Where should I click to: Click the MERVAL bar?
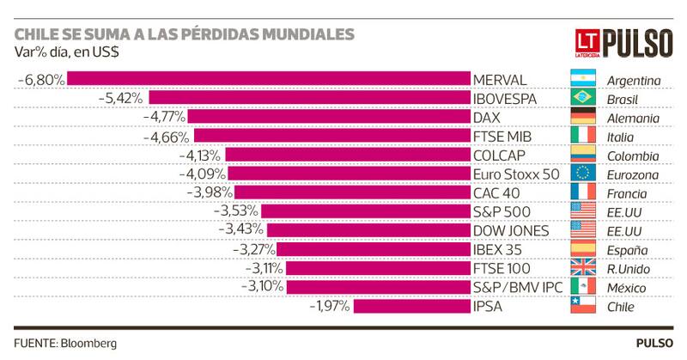269,80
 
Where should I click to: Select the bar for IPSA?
412,307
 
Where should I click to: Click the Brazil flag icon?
583,99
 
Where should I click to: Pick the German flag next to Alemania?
583,118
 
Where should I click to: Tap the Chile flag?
583,307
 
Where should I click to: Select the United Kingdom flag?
583,269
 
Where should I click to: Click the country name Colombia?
633,156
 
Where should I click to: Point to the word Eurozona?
633,174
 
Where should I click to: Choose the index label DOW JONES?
511,231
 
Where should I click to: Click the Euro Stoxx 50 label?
516,174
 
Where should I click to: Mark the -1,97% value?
329,307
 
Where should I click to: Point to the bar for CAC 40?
353,193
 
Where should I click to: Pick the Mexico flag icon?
583,288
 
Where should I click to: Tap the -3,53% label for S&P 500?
237,212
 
